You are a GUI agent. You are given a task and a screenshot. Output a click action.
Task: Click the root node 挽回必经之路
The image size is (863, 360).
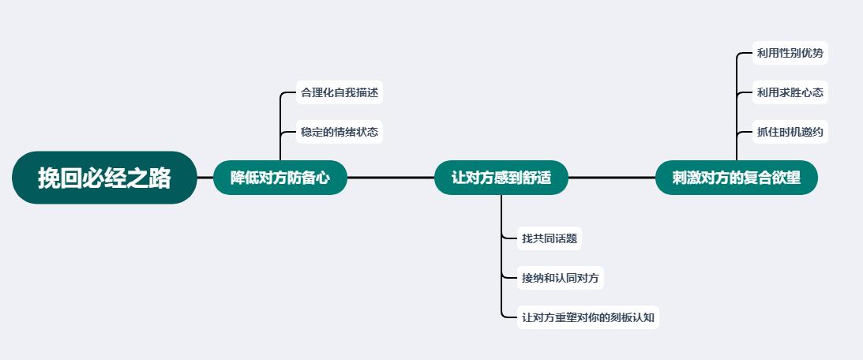(x=104, y=178)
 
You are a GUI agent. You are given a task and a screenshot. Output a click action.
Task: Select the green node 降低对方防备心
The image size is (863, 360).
(x=280, y=178)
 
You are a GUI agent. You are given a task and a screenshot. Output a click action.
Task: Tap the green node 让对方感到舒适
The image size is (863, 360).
(x=501, y=178)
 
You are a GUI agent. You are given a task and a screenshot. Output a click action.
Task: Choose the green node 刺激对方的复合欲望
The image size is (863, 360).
(x=736, y=178)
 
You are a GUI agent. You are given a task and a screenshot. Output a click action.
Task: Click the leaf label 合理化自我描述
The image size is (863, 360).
(x=340, y=92)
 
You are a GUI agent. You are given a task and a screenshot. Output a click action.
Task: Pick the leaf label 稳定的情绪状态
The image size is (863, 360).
(x=340, y=132)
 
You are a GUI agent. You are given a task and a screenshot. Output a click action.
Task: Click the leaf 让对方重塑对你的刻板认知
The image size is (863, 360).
(x=587, y=318)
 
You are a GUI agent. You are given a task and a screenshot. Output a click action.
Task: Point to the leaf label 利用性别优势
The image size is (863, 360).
(x=779, y=53)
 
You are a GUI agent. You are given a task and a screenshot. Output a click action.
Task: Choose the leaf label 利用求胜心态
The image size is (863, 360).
(x=779, y=92)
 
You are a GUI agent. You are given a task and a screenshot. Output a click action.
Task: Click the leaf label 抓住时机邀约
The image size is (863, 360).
(x=779, y=132)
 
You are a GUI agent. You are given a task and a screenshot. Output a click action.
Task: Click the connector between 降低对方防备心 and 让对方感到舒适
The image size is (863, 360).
(x=391, y=178)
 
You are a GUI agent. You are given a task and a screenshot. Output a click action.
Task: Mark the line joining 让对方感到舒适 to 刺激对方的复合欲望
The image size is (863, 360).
(x=612, y=178)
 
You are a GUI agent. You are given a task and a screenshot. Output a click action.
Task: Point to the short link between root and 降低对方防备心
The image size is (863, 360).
(x=205, y=178)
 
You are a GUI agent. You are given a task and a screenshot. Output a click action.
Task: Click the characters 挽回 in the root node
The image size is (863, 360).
(x=60, y=178)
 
